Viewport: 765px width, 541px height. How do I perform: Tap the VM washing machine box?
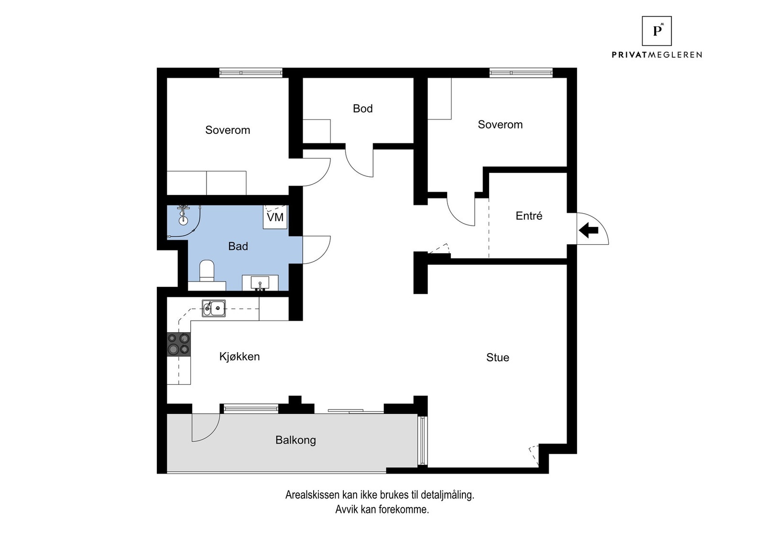[x=275, y=217]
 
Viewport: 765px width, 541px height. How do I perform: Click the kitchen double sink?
[x=213, y=308]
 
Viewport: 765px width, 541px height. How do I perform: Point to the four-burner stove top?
[x=179, y=345]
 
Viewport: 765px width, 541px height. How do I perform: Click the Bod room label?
[x=363, y=108]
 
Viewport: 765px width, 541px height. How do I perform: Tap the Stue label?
[x=498, y=357]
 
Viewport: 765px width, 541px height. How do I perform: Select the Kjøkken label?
[x=240, y=357]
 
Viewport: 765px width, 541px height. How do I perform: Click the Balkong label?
[x=296, y=440]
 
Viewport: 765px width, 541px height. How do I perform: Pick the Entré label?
[x=529, y=216]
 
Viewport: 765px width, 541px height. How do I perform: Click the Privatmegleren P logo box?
[x=657, y=31]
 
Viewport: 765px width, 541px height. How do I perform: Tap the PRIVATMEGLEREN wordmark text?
[x=657, y=54]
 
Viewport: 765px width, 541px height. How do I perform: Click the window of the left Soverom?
[x=251, y=73]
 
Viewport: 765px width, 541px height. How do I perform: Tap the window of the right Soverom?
[x=521, y=73]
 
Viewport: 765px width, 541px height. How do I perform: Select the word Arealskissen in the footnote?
[x=313, y=495]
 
